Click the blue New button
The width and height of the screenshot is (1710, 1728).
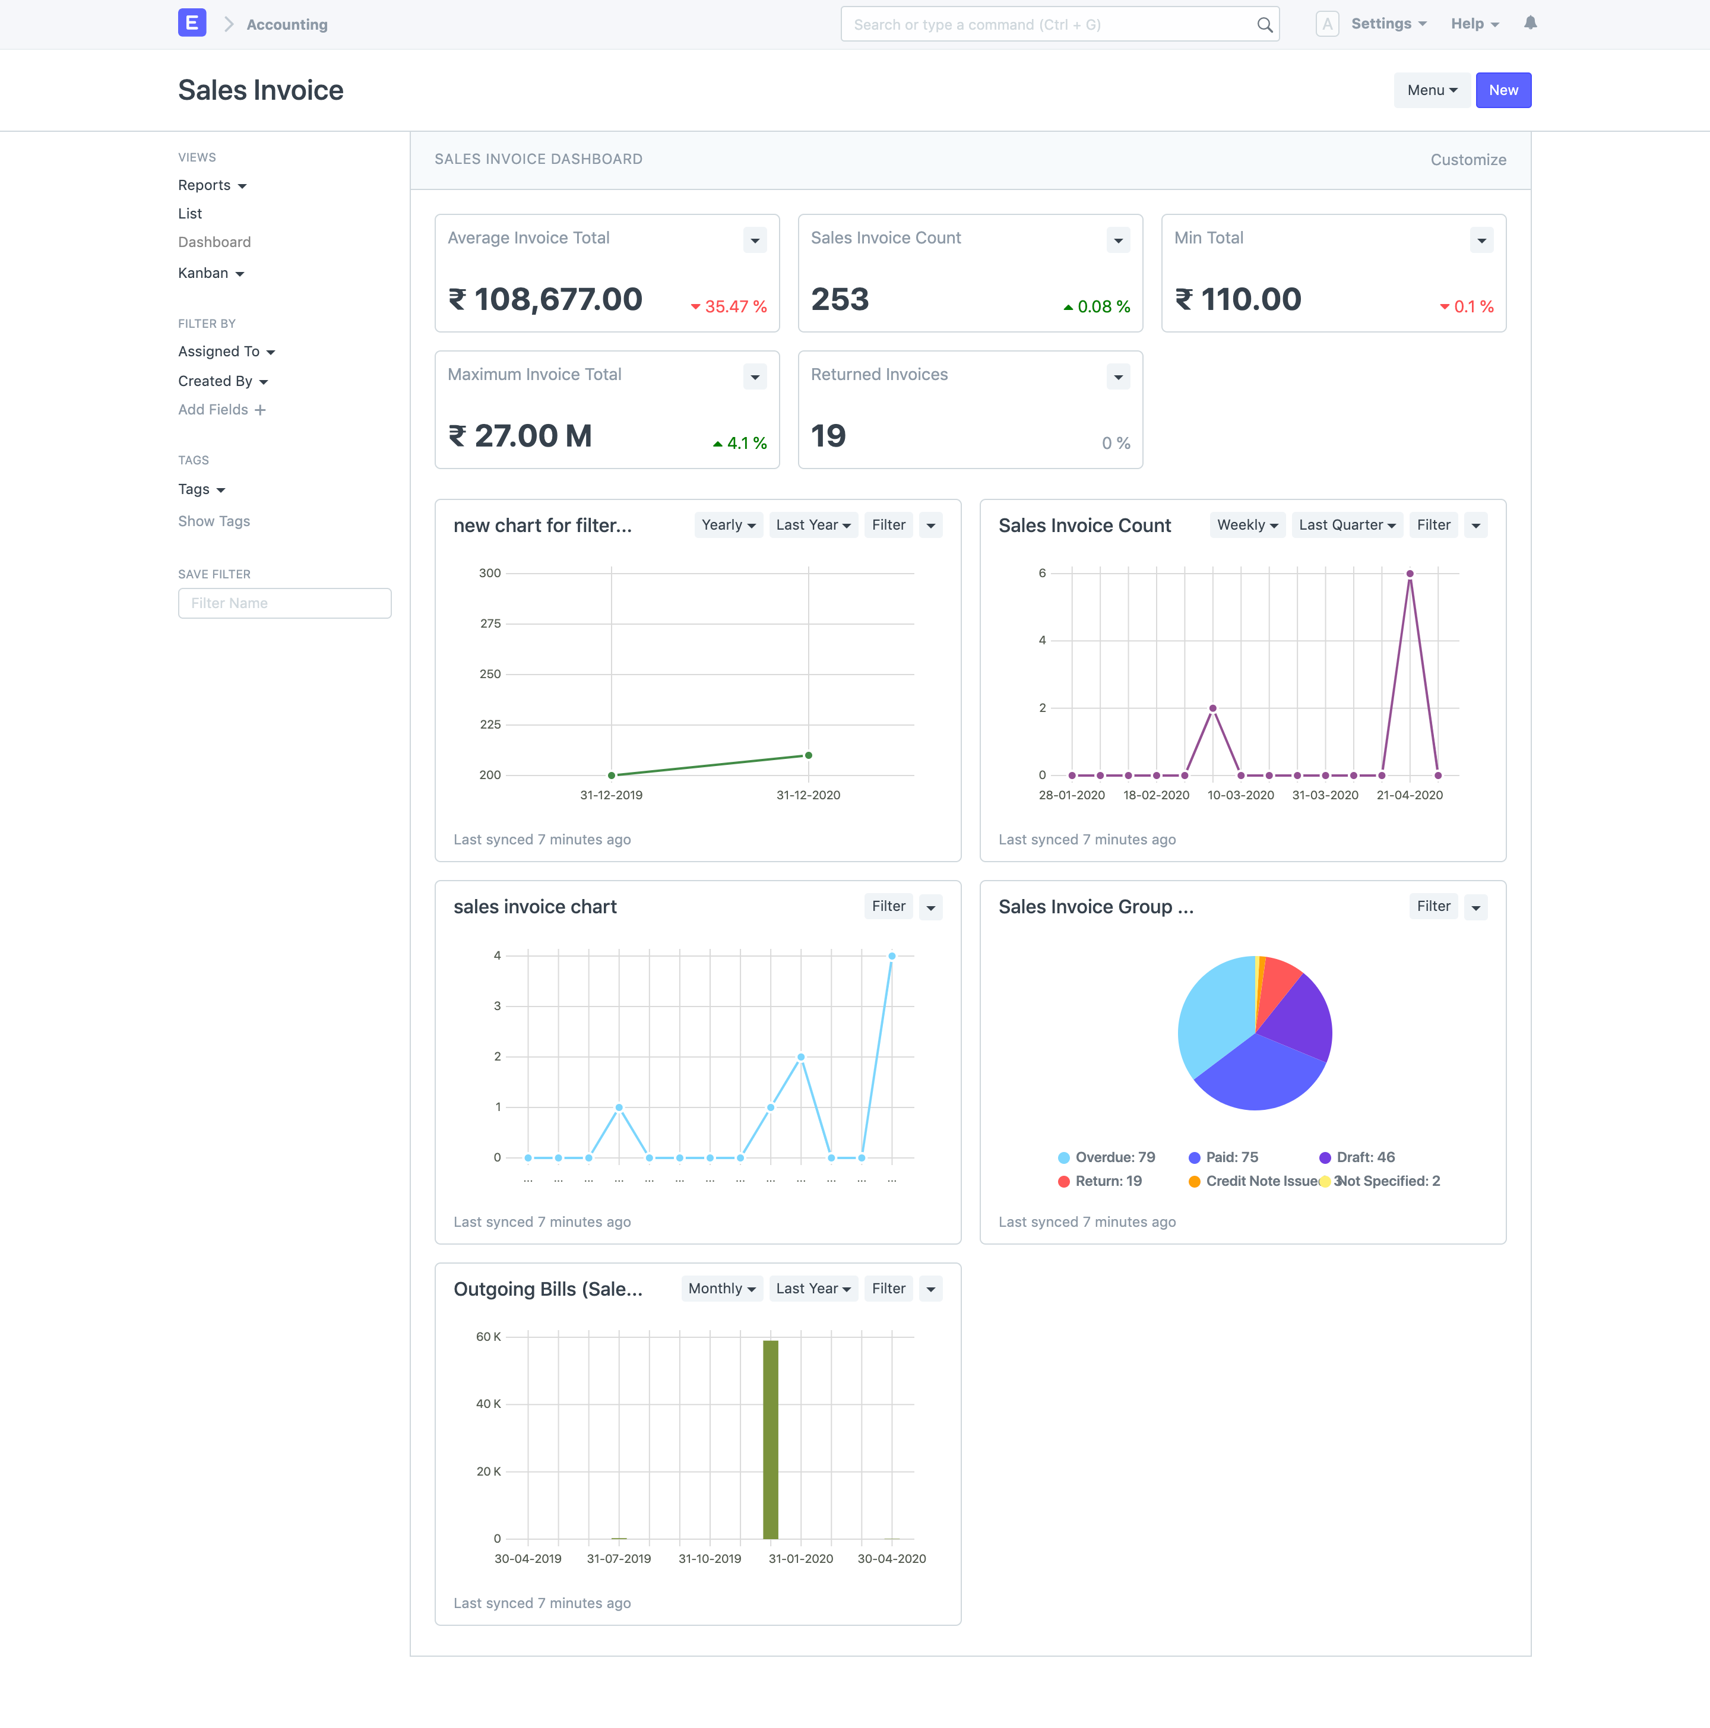coord(1503,90)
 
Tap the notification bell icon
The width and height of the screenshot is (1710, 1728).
coord(1530,23)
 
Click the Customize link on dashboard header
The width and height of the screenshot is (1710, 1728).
coord(1468,160)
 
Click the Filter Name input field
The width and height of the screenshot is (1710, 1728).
coord(284,603)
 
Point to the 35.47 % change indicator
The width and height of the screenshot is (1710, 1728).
coord(729,307)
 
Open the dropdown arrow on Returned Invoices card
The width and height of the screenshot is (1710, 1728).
coord(1118,376)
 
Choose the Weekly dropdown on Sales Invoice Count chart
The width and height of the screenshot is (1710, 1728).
coord(1247,525)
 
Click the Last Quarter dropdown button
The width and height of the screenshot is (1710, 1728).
coord(1347,525)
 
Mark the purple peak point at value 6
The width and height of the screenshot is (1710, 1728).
coord(1410,573)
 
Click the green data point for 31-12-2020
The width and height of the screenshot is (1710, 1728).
coord(809,756)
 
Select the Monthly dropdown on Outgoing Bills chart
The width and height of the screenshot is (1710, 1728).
coord(722,1289)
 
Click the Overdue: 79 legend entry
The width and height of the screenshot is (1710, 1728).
coord(1106,1157)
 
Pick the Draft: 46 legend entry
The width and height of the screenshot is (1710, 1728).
coord(1357,1157)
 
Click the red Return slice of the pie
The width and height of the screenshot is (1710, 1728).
coord(1277,984)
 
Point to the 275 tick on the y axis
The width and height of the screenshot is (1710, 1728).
coord(490,624)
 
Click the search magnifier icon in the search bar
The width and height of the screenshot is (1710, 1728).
coord(1265,25)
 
